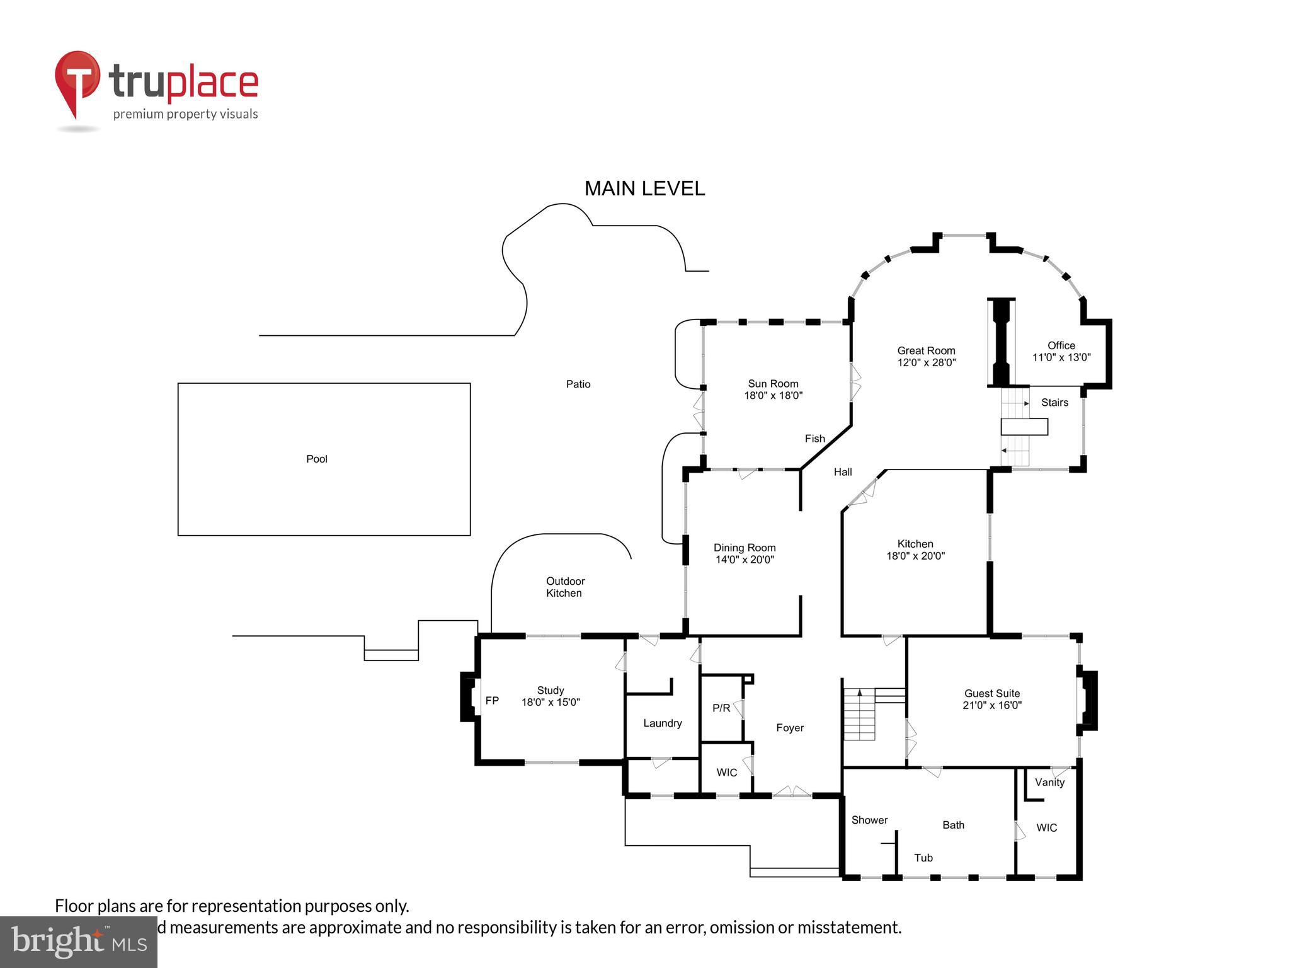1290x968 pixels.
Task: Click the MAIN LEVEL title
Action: click(x=644, y=188)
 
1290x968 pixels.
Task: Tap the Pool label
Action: click(x=316, y=459)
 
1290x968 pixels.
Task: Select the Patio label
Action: click(x=578, y=384)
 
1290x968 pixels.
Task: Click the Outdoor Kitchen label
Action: click(x=564, y=587)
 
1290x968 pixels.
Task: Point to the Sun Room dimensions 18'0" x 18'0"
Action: click(x=773, y=396)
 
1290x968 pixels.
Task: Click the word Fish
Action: click(x=814, y=439)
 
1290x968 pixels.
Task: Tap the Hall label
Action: click(x=842, y=472)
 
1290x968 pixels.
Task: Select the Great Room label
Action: click(x=926, y=350)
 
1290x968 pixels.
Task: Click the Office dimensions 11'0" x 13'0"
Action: click(x=1061, y=357)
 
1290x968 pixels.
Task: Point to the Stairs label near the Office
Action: click(x=1054, y=403)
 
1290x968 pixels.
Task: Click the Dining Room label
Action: click(x=744, y=548)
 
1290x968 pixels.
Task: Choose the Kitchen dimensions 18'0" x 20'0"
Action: click(x=915, y=556)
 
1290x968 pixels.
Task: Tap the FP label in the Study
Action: click(x=492, y=700)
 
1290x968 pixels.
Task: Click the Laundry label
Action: click(x=662, y=723)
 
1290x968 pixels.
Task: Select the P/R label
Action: click(x=721, y=708)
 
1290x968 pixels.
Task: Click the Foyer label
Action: click(x=789, y=728)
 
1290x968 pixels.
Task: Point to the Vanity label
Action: click(x=1049, y=782)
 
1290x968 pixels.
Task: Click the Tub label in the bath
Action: click(x=923, y=858)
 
